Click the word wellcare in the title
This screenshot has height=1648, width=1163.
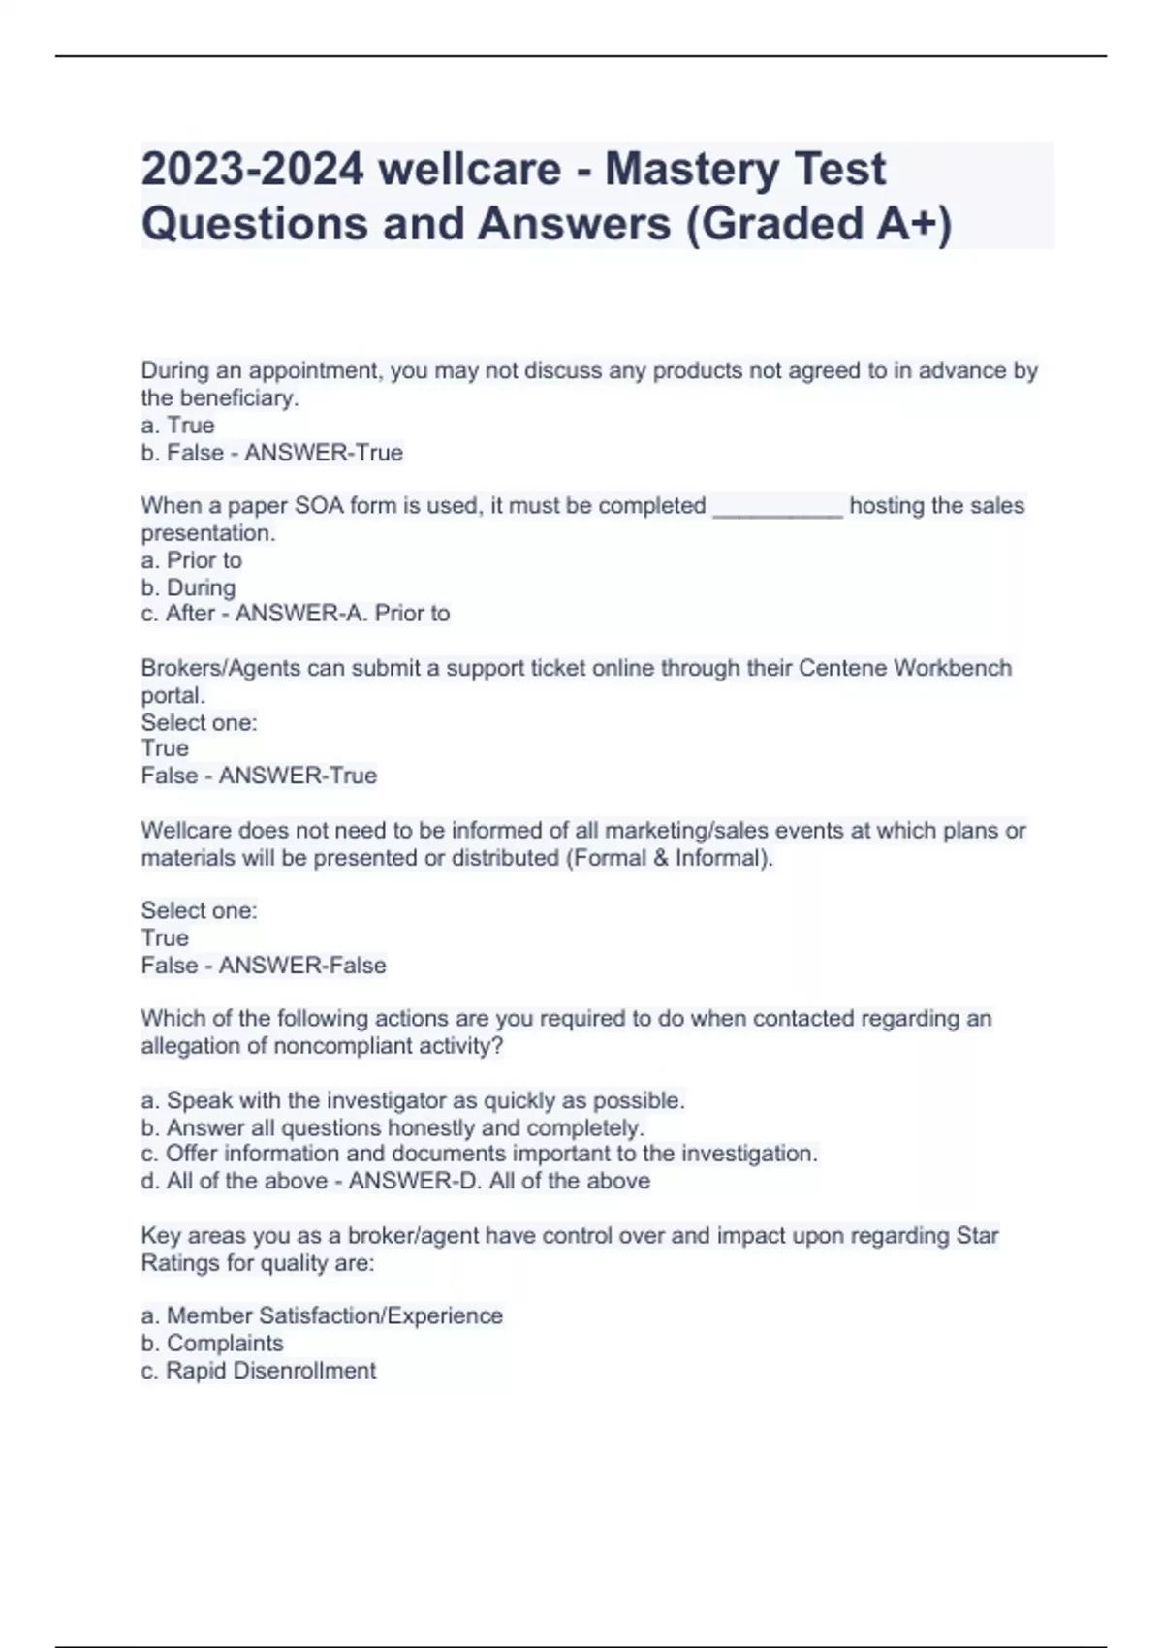coord(470,170)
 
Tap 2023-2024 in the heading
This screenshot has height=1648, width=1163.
coord(252,170)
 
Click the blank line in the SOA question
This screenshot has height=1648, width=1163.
coord(777,507)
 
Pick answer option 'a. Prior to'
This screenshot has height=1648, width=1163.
coord(191,560)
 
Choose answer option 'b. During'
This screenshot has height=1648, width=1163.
coord(188,587)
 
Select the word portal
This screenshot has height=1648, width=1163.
coord(173,695)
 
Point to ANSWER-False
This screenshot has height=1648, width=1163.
coord(302,966)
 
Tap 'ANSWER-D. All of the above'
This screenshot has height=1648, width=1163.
coord(499,1181)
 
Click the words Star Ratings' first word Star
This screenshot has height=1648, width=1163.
coord(977,1236)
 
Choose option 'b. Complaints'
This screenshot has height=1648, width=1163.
coord(212,1344)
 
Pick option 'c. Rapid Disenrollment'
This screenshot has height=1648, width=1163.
coord(258,1371)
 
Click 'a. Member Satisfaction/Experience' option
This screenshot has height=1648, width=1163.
coord(322,1316)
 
